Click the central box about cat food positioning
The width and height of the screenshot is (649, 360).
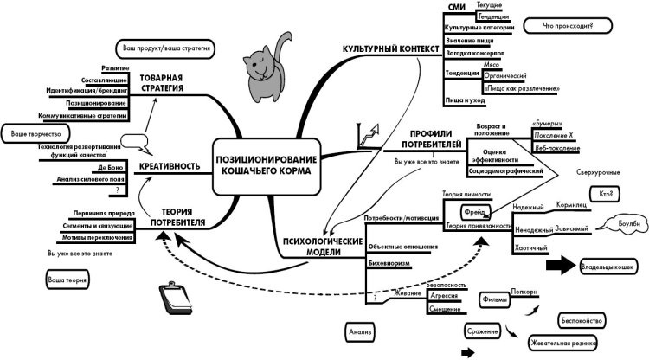266,165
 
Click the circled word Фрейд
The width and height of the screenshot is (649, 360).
474,210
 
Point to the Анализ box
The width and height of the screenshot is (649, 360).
361,331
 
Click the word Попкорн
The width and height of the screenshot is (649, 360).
527,292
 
